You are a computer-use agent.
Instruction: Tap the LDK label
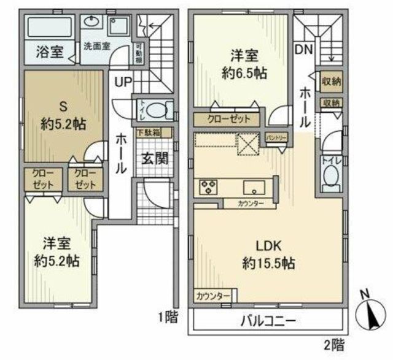coord(268,247)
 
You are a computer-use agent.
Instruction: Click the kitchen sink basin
coord(253,186)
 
